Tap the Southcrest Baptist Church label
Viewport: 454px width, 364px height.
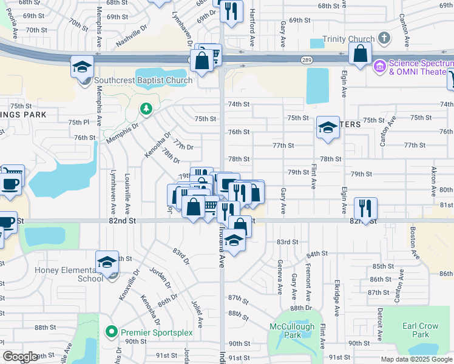point(143,80)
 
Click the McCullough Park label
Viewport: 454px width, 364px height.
point(292,331)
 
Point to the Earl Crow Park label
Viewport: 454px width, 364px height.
point(420,330)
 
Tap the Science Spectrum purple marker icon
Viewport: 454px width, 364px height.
point(380,64)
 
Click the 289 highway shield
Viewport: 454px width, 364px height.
point(307,59)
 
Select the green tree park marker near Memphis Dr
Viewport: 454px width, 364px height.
point(145,109)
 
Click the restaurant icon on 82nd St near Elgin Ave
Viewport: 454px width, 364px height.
point(365,206)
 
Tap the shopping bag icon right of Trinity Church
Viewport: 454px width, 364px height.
point(361,53)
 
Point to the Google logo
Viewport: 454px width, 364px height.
point(20,357)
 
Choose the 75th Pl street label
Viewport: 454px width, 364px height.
point(79,122)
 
